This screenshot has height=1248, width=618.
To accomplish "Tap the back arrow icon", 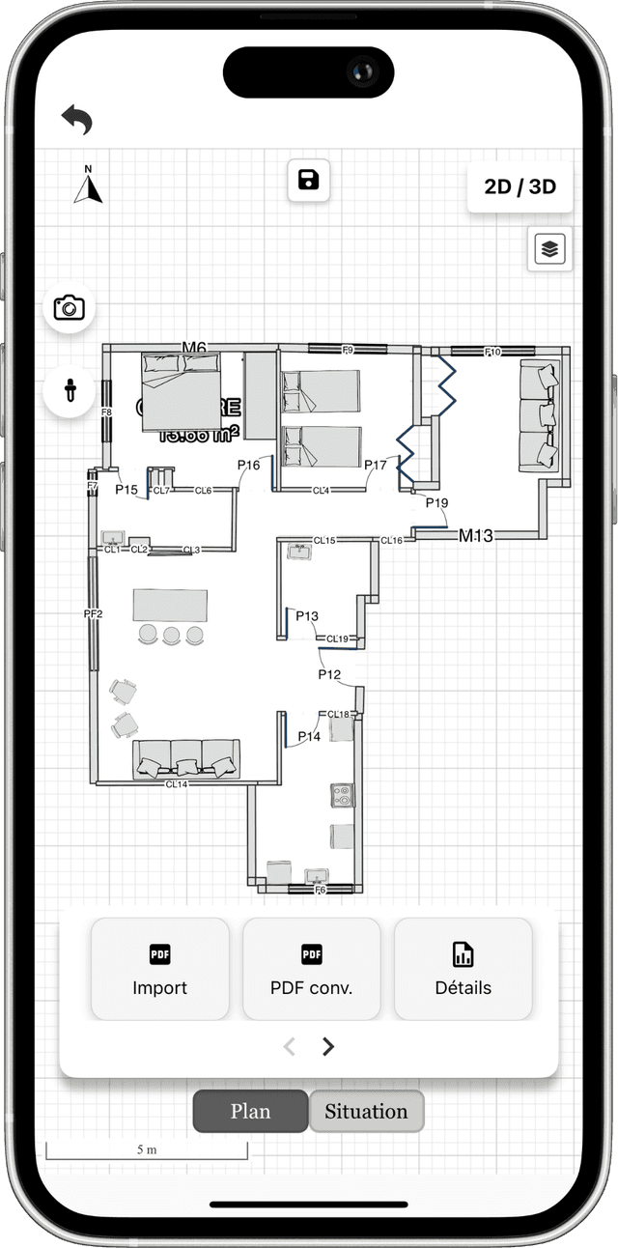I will pyautogui.click(x=77, y=120).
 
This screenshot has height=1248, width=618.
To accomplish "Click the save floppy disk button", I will pyautogui.click(x=309, y=181).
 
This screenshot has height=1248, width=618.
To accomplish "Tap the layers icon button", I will pyautogui.click(x=550, y=249).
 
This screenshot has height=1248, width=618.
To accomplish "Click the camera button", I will pyautogui.click(x=70, y=308).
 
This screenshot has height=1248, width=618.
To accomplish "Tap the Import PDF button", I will pyautogui.click(x=160, y=969).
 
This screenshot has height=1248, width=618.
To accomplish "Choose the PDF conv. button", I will pyautogui.click(x=311, y=969).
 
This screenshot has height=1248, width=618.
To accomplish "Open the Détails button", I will pyautogui.click(x=463, y=969).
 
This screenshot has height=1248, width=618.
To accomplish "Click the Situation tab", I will pyautogui.click(x=366, y=1111).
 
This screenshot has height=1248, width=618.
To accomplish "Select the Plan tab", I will pyautogui.click(x=250, y=1111).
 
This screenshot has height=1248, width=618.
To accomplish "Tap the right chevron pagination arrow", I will pyautogui.click(x=328, y=1046).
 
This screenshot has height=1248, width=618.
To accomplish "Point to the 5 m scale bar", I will pyautogui.click(x=147, y=1151).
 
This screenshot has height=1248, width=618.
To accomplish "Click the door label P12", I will pyautogui.click(x=330, y=674).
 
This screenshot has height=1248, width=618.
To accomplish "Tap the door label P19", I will pyautogui.click(x=437, y=503).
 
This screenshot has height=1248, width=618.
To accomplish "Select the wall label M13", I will pyautogui.click(x=476, y=535).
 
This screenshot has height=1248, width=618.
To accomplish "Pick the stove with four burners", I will pyautogui.click(x=342, y=795).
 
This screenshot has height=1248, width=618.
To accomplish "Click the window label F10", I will pyautogui.click(x=492, y=353).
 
